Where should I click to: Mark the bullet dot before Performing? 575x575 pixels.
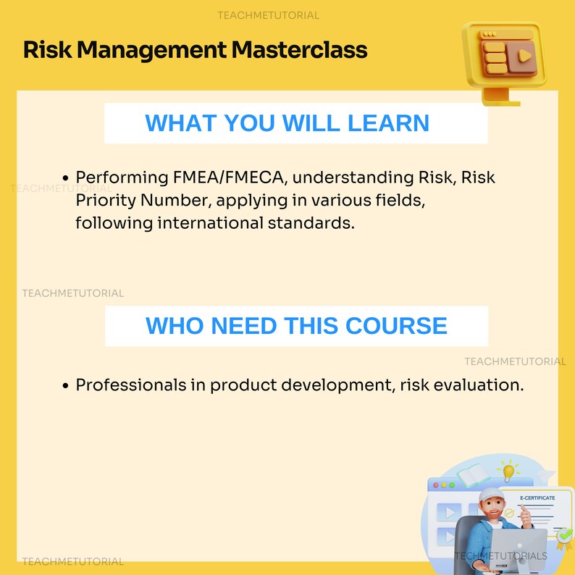(66, 178)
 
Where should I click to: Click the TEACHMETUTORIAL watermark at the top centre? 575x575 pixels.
(268, 15)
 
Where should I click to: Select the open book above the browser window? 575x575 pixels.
(473, 477)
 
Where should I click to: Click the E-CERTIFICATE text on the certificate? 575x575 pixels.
(537, 498)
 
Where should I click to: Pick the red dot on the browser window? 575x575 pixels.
(436, 484)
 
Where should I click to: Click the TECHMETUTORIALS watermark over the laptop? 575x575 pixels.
(501, 555)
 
